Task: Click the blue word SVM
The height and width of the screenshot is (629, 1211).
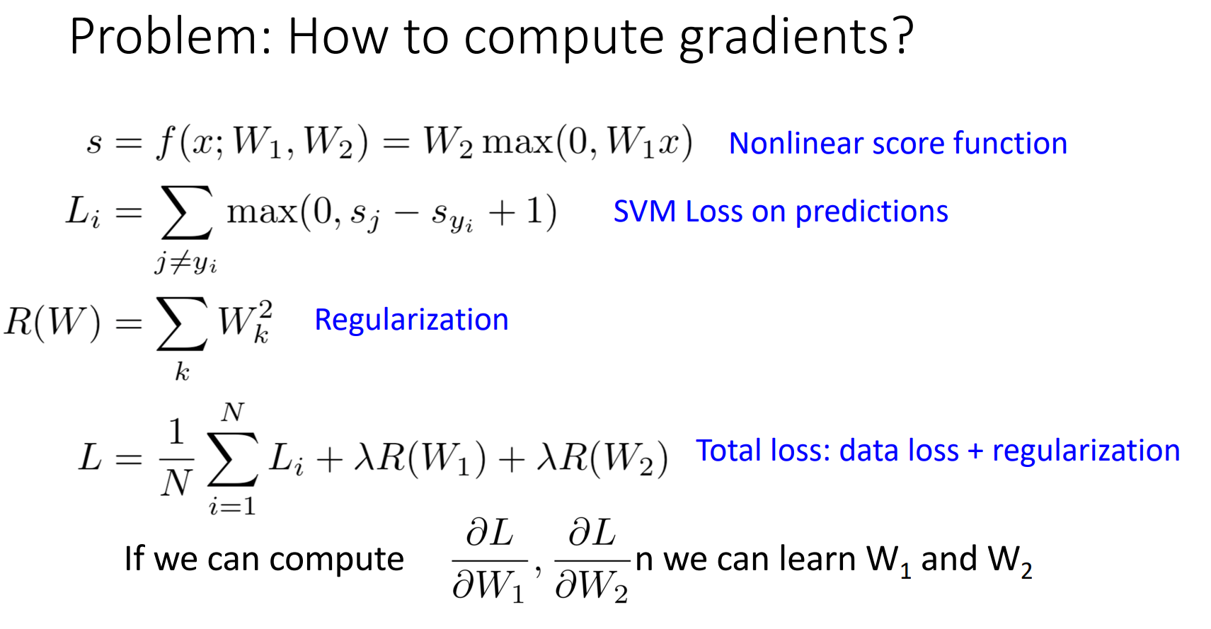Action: click(644, 211)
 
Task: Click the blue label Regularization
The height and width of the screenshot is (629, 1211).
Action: click(411, 320)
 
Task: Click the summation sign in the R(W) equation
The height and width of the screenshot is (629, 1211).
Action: click(182, 323)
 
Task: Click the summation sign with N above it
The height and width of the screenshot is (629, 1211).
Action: click(233, 459)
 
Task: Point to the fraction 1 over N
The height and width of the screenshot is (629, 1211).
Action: click(176, 459)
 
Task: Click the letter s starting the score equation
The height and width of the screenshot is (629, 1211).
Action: click(94, 144)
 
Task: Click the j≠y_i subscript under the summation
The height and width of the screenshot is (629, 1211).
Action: click(186, 263)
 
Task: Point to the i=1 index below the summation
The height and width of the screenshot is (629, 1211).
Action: click(232, 507)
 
